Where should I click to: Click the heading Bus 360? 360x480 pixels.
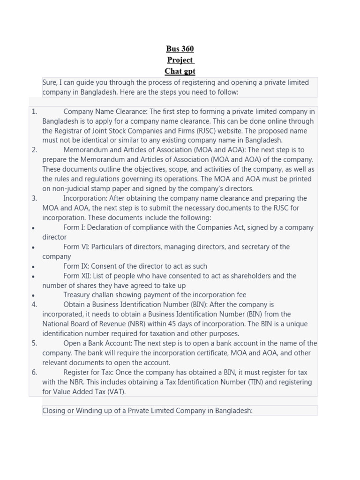pos(180,49)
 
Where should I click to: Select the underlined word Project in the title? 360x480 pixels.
pos(180,60)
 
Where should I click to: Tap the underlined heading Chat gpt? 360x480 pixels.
pos(180,71)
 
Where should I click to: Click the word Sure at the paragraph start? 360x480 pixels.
pos(50,82)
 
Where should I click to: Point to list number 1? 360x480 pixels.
pos(34,112)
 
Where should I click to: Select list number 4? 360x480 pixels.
pos(34,305)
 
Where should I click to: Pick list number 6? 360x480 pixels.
pos(34,372)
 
